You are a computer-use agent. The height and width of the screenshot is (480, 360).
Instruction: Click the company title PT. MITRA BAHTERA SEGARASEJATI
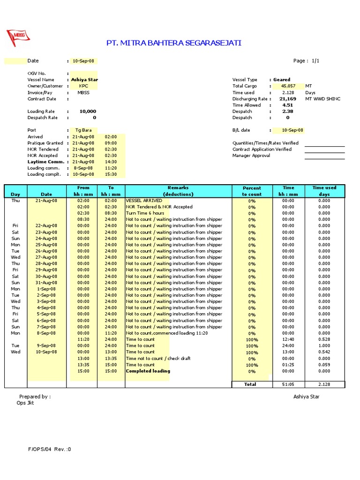tap(174, 43)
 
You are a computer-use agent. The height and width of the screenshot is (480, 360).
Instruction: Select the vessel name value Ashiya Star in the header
tap(84, 80)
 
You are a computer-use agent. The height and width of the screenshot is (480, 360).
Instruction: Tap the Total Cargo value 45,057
tap(288, 86)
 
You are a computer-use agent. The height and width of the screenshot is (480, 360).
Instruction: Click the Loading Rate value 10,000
tap(88, 112)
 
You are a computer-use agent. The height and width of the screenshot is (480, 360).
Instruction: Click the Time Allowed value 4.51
tap(287, 105)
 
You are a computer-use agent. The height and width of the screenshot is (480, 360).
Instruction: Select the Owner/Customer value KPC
tap(83, 86)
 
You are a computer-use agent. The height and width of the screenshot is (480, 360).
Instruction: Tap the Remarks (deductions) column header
tap(178, 191)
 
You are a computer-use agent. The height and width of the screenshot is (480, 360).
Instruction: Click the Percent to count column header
tap(252, 191)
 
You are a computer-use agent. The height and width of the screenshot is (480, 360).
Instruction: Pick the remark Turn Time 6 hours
tap(145, 213)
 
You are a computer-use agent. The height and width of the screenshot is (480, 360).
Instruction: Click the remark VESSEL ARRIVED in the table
tap(144, 200)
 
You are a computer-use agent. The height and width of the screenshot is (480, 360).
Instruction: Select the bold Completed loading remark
tap(148, 371)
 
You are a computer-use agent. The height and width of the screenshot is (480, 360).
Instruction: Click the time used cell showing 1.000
tap(324, 345)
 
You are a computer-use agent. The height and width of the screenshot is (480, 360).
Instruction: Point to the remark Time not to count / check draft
tap(158, 358)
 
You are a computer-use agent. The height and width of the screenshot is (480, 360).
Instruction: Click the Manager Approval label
tap(251, 156)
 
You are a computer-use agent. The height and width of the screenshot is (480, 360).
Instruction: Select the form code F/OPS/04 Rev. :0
tap(49, 449)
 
